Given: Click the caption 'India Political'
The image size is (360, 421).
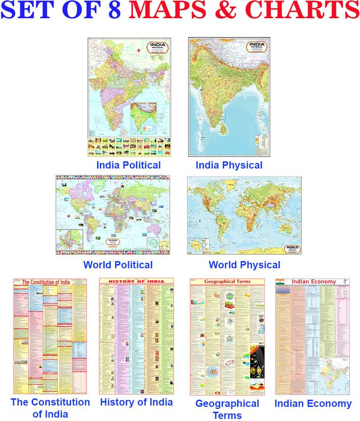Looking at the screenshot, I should (x=129, y=165).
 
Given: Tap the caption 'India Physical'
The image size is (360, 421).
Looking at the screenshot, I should (x=229, y=165).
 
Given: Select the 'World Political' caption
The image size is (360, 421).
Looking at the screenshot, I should (x=117, y=265).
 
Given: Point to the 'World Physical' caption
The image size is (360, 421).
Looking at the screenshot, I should (x=244, y=265).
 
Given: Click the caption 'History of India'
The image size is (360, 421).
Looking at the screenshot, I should (x=136, y=402).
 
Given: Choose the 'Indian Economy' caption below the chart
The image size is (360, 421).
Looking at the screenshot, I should (x=312, y=403).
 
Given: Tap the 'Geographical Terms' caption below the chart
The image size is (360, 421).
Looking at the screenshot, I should (x=227, y=409).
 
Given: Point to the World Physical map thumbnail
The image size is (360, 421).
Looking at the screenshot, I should (x=244, y=215).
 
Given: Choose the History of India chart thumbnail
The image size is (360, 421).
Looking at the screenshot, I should (x=136, y=336).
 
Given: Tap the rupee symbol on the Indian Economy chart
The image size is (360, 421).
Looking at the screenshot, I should (x=345, y=282).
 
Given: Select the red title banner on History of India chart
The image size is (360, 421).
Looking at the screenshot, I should (x=136, y=281).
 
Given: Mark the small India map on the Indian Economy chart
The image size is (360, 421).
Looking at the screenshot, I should (x=335, y=374).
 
